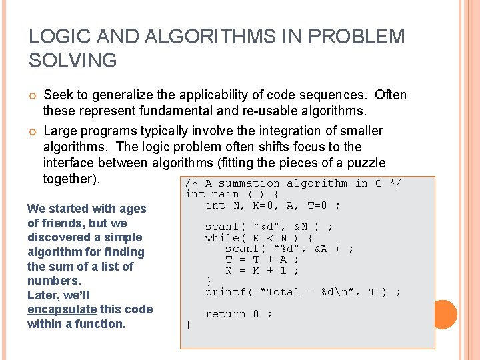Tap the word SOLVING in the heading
click(x=73, y=61)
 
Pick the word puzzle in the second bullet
click(x=365, y=163)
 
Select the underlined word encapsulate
click(x=62, y=309)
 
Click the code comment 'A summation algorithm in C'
click(x=293, y=183)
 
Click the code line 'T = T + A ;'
click(x=262, y=259)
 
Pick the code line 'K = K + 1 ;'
click(x=262, y=270)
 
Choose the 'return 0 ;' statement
click(x=239, y=313)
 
